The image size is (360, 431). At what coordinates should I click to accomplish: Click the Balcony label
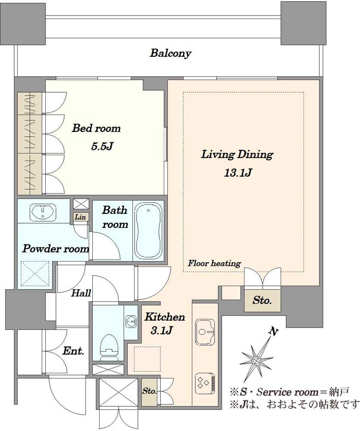pyautogui.click(x=170, y=53)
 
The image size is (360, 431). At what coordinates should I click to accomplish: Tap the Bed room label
pyautogui.click(x=96, y=128)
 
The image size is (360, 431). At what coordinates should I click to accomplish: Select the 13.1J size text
pyautogui.click(x=238, y=173)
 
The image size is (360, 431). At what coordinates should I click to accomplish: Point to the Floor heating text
pyautogui.click(x=215, y=263)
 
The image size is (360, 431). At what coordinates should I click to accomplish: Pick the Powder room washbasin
pyautogui.click(x=43, y=212)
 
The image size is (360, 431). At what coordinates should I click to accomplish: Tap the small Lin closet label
pyautogui.click(x=80, y=217)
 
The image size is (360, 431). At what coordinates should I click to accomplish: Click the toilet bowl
pyautogui.click(x=110, y=347)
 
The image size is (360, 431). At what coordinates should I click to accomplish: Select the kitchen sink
pyautogui.click(x=205, y=332)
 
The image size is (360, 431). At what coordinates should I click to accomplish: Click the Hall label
pyautogui.click(x=81, y=293)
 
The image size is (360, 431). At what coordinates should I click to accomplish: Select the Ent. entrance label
pyautogui.click(x=73, y=351)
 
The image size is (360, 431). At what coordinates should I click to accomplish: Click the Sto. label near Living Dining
pyautogui.click(x=262, y=300)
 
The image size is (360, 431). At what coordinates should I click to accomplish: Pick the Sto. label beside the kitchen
pyautogui.click(x=149, y=391)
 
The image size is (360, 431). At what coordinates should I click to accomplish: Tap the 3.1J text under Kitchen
pyautogui.click(x=161, y=331)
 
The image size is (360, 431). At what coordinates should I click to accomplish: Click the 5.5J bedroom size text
pyautogui.click(x=102, y=147)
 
